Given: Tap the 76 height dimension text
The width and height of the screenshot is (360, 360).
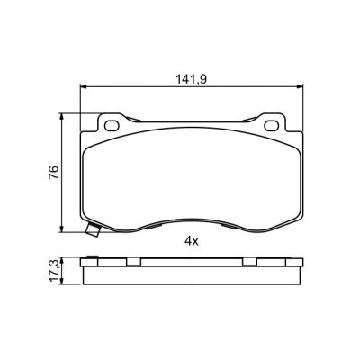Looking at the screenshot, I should click(x=53, y=171).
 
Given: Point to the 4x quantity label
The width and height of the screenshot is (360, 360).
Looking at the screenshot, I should click(x=190, y=241).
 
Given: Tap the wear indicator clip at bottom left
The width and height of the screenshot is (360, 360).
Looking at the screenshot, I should click(x=92, y=234).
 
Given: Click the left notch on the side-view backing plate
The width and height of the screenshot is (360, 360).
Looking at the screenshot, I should click(x=131, y=263).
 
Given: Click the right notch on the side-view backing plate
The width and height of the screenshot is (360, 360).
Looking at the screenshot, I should click(x=248, y=263).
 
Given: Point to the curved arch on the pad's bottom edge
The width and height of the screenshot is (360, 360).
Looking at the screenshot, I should click(x=190, y=221).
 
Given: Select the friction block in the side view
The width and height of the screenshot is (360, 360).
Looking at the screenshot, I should click(x=190, y=274).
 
